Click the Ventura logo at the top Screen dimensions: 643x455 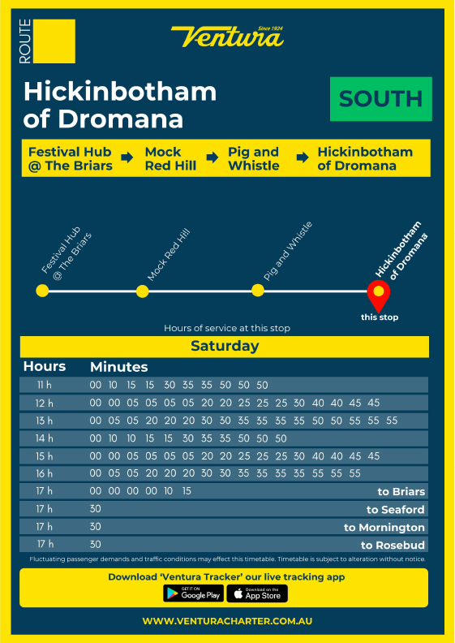(227, 37)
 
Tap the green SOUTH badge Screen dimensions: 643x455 (381, 99)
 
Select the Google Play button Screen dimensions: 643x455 (193, 593)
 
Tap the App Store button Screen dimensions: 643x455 (257, 593)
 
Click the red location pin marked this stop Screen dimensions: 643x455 (378, 291)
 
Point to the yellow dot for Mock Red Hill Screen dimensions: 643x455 (143, 291)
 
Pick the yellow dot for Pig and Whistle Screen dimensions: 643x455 (258, 291)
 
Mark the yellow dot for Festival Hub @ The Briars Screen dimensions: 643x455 (42, 291)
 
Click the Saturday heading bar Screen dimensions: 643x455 (225, 347)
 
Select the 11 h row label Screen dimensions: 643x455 (45, 385)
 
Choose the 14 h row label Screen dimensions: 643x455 (45, 438)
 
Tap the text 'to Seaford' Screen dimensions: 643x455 (395, 510)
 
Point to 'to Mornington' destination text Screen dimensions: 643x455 (384, 528)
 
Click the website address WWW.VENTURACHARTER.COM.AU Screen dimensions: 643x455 (227, 621)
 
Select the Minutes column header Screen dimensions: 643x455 (118, 367)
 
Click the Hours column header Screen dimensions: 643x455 (45, 367)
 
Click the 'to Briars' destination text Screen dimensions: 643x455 (401, 492)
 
